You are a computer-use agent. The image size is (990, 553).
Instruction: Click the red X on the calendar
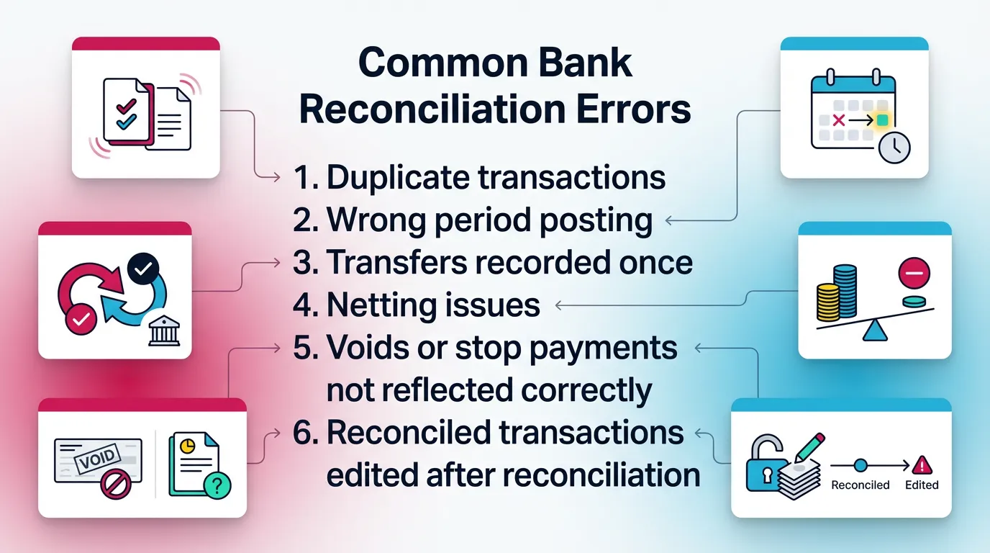(837, 120)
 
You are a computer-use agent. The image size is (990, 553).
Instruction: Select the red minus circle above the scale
(914, 274)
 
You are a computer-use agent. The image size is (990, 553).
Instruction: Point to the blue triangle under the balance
(875, 331)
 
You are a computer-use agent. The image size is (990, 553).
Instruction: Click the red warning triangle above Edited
(922, 464)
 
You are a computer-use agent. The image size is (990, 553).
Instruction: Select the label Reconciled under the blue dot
(860, 485)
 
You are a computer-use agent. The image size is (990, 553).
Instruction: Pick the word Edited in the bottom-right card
(922, 485)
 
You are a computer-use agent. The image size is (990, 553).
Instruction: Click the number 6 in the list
(301, 433)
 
